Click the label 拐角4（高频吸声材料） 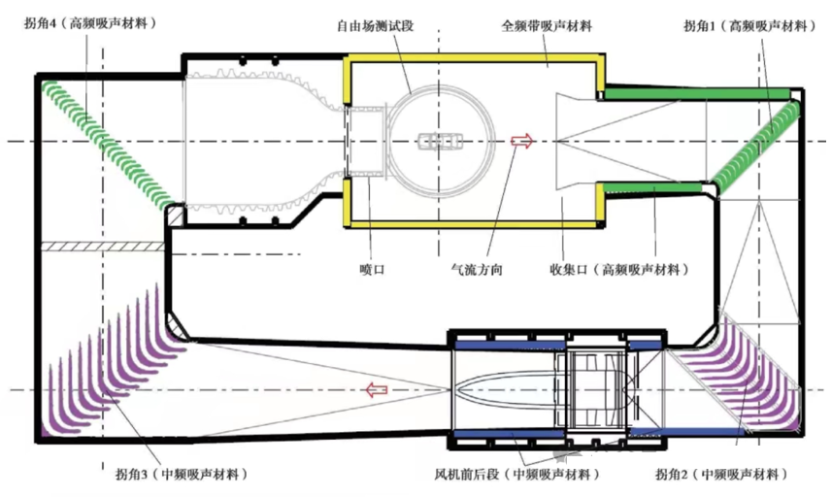point(90,24)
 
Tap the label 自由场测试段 point(375,25)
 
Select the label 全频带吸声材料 point(547,25)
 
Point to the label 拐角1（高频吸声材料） point(749,25)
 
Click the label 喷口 point(372,270)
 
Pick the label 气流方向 point(477,270)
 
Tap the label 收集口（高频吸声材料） point(619,270)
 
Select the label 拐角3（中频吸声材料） point(182,474)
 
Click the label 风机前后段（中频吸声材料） point(517,474)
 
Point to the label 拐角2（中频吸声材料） point(722,474)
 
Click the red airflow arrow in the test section point(522,141)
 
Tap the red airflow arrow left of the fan point(377,390)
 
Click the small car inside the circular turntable point(440,142)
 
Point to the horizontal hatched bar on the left point(102,247)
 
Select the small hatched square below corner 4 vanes point(174,215)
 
